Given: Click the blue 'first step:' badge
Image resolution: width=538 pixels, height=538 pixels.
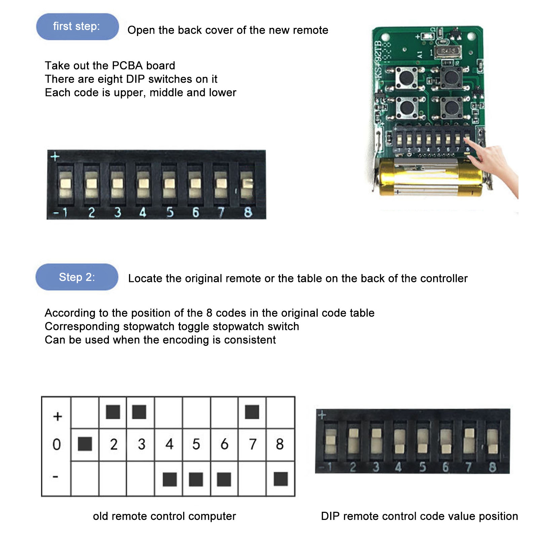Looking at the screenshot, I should click(x=77, y=27).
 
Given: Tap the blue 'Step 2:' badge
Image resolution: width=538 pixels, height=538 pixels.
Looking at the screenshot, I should click(x=77, y=277).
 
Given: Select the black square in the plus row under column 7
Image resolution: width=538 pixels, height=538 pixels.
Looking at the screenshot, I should click(x=252, y=412).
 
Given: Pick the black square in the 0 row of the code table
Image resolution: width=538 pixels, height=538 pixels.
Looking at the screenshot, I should click(x=85, y=444).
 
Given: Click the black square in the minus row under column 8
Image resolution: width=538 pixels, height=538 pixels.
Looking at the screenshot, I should click(x=281, y=479).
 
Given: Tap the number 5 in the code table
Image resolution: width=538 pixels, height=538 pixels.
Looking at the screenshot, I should click(x=196, y=444).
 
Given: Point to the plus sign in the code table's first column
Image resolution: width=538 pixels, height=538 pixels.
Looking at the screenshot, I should click(x=57, y=416).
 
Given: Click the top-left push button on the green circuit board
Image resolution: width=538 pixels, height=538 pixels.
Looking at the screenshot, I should click(x=406, y=77).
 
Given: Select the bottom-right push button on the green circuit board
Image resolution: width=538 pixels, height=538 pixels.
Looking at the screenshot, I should click(x=452, y=108).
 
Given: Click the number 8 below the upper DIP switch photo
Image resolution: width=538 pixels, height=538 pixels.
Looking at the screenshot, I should click(x=248, y=212).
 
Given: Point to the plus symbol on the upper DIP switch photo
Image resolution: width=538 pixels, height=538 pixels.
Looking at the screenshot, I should click(x=55, y=156).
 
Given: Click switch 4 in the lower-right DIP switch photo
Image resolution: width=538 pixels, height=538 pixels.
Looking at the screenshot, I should click(x=399, y=441).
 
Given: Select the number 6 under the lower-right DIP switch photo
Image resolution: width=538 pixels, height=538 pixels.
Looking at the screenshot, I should click(x=446, y=467).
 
